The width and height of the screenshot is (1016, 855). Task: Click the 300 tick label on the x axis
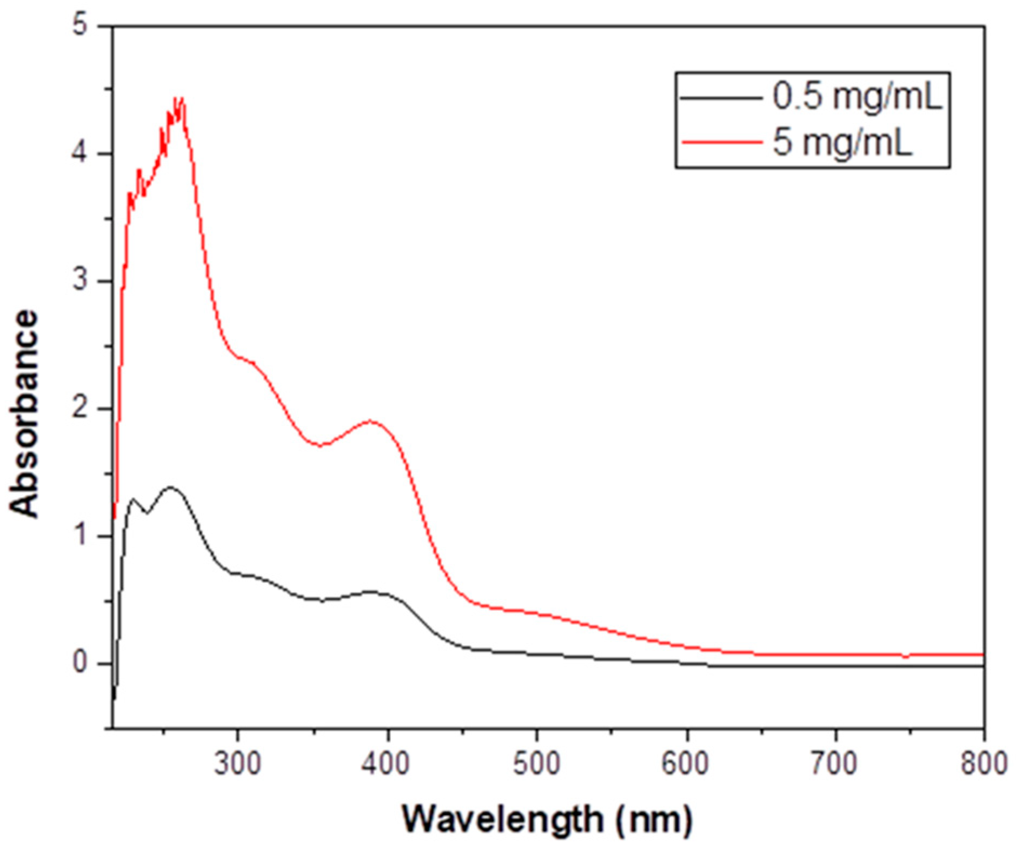tap(237, 764)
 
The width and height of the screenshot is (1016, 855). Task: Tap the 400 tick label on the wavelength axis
tap(386, 764)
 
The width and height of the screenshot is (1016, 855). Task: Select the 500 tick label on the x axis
tap(536, 764)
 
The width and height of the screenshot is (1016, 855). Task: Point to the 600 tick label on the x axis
tap(686, 764)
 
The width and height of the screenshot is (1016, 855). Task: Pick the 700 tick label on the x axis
tap(835, 764)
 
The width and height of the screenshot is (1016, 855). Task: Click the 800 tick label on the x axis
tap(983, 764)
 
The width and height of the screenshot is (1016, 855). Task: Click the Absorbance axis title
tap(24, 414)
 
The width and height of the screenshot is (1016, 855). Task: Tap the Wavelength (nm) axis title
tap(547, 819)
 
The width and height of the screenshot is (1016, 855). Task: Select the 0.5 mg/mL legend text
tap(857, 97)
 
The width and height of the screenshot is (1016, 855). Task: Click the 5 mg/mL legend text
tap(842, 143)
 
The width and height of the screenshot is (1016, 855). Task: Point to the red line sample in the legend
tap(721, 143)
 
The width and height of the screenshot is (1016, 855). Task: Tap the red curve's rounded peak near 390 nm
tap(371, 420)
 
